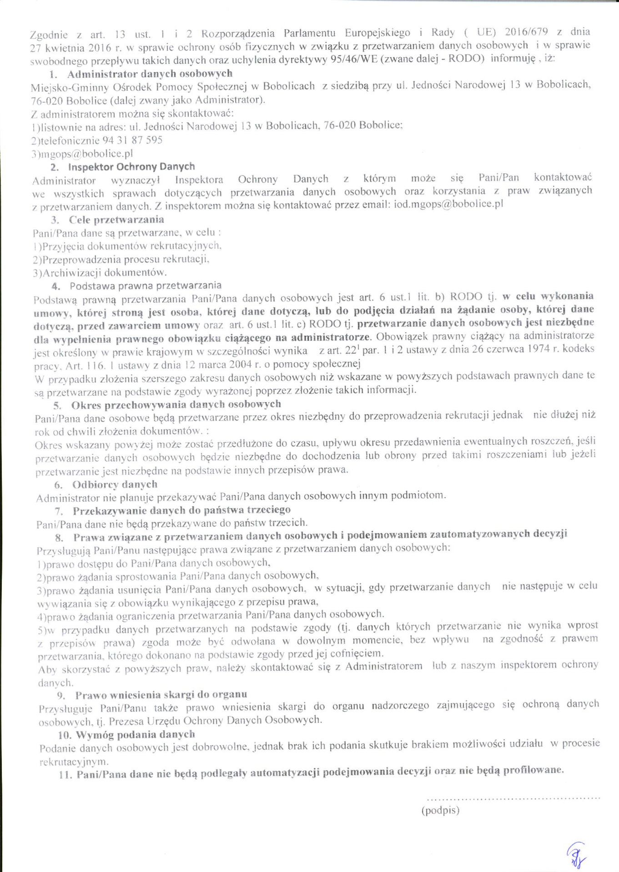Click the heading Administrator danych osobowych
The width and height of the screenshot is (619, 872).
tap(150, 74)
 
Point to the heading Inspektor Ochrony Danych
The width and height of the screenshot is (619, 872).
tap(131, 167)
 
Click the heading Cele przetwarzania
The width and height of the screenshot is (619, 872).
tap(116, 220)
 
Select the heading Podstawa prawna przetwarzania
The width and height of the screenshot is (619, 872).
tap(146, 286)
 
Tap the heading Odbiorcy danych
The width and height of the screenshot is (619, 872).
tap(115, 484)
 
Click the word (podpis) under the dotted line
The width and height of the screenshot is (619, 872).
tap(440, 810)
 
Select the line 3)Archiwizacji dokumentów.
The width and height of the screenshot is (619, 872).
tap(100, 273)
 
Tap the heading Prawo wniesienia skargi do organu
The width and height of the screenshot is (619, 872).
tap(161, 695)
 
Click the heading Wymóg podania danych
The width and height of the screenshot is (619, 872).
tap(135, 734)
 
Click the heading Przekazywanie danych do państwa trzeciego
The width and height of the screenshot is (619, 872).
tap(181, 510)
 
